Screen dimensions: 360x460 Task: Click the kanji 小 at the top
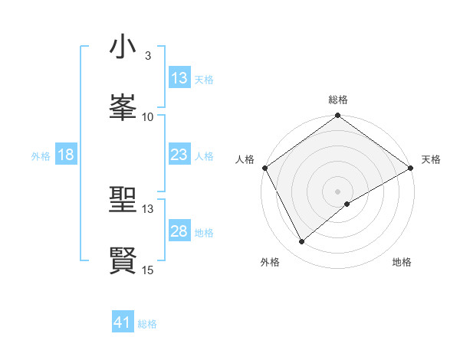click(x=123, y=47)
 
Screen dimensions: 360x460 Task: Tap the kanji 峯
click(x=123, y=107)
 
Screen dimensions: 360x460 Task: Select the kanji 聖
click(x=123, y=200)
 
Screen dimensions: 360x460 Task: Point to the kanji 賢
click(x=123, y=260)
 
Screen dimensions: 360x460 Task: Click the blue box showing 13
click(x=179, y=78)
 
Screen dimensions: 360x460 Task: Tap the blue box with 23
click(x=179, y=155)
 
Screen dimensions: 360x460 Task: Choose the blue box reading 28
click(x=179, y=231)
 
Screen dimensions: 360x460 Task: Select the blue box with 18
click(x=66, y=155)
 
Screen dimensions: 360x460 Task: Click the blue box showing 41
click(x=123, y=322)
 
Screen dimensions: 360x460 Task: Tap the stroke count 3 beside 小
click(x=147, y=56)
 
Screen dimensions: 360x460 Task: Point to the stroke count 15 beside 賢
click(x=148, y=270)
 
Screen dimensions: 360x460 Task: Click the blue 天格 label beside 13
click(x=204, y=79)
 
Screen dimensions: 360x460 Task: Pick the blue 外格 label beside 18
click(x=41, y=155)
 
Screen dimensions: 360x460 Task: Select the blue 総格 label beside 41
click(x=148, y=324)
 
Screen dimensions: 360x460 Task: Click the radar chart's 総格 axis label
click(x=338, y=100)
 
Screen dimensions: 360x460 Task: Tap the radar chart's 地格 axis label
click(x=402, y=262)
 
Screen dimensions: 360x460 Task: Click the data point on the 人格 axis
click(x=264, y=168)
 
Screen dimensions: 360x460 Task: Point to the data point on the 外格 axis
click(x=302, y=241)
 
